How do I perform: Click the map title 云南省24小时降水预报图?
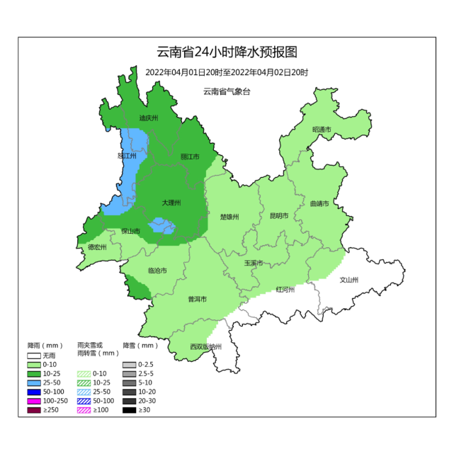pyautogui.click(x=227, y=52)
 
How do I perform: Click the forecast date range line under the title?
pyautogui.click(x=227, y=72)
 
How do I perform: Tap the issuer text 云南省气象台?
pyautogui.click(x=227, y=91)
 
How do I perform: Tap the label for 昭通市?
pyautogui.click(x=322, y=130)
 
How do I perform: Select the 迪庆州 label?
pyautogui.click(x=148, y=118)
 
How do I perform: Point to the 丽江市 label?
pyautogui.click(x=190, y=157)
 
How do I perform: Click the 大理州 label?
pyautogui.click(x=171, y=203)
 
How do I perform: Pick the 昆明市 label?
pyautogui.click(x=279, y=216)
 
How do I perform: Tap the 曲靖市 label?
pyautogui.click(x=319, y=204)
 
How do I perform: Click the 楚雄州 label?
pyautogui.click(x=229, y=217)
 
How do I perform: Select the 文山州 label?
pyautogui.click(x=350, y=279)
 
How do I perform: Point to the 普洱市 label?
pyautogui.click(x=197, y=300)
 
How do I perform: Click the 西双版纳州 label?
pyautogui.click(x=205, y=347)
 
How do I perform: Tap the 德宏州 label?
pyautogui.click(x=97, y=247)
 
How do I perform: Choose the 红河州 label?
pyautogui.click(x=285, y=290)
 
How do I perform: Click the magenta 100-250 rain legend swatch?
pyautogui.click(x=35, y=401)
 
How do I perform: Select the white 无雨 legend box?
pyautogui.click(x=35, y=355)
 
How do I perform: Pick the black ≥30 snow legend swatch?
pyautogui.click(x=130, y=410)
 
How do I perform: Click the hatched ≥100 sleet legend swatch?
pyautogui.click(x=84, y=410)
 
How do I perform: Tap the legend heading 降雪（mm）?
pyautogui.click(x=140, y=346)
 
